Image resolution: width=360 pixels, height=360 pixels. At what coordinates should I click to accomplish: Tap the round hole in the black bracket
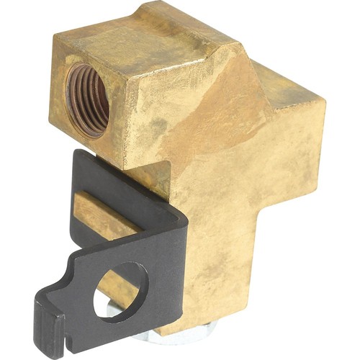click(120, 289)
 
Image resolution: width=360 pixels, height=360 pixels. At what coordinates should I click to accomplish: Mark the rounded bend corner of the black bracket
click(176, 216)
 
